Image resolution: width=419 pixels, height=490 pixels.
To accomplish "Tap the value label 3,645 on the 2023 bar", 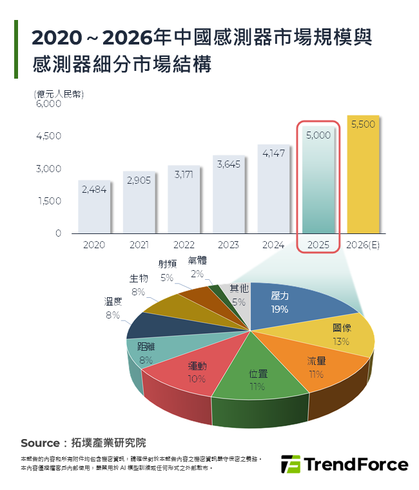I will (228, 164).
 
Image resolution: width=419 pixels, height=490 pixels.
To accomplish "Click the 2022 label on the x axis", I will (184, 245).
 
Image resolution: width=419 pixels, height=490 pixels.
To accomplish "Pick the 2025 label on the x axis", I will (318, 245).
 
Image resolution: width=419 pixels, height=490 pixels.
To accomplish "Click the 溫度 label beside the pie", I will (113, 301).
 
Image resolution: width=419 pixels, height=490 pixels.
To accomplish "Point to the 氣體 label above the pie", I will (199, 262).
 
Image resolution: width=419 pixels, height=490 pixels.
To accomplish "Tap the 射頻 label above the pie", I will (167, 264).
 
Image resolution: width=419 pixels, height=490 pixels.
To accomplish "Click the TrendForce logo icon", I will (291, 464).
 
